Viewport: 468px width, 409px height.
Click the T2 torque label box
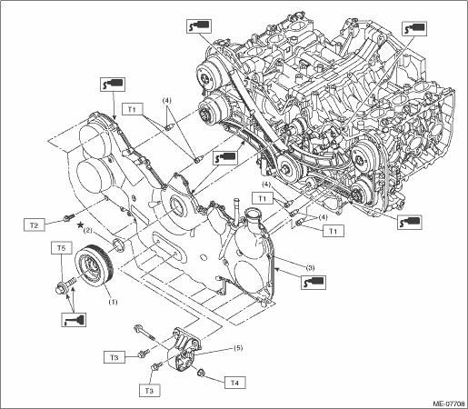click(x=35, y=225)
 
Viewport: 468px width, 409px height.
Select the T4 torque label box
click(x=234, y=383)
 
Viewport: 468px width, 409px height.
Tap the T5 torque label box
click(x=61, y=248)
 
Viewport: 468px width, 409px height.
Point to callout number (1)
click(x=113, y=302)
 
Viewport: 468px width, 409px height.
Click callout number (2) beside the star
click(x=88, y=231)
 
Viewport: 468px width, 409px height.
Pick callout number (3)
click(x=310, y=268)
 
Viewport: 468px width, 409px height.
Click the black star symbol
click(x=80, y=224)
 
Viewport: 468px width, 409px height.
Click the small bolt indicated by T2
click(x=69, y=217)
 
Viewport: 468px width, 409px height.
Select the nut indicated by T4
click(x=200, y=372)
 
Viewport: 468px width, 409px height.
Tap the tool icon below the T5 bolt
click(x=74, y=320)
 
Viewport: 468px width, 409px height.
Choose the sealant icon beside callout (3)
click(x=314, y=282)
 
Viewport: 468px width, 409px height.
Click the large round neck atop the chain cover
click(x=253, y=217)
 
